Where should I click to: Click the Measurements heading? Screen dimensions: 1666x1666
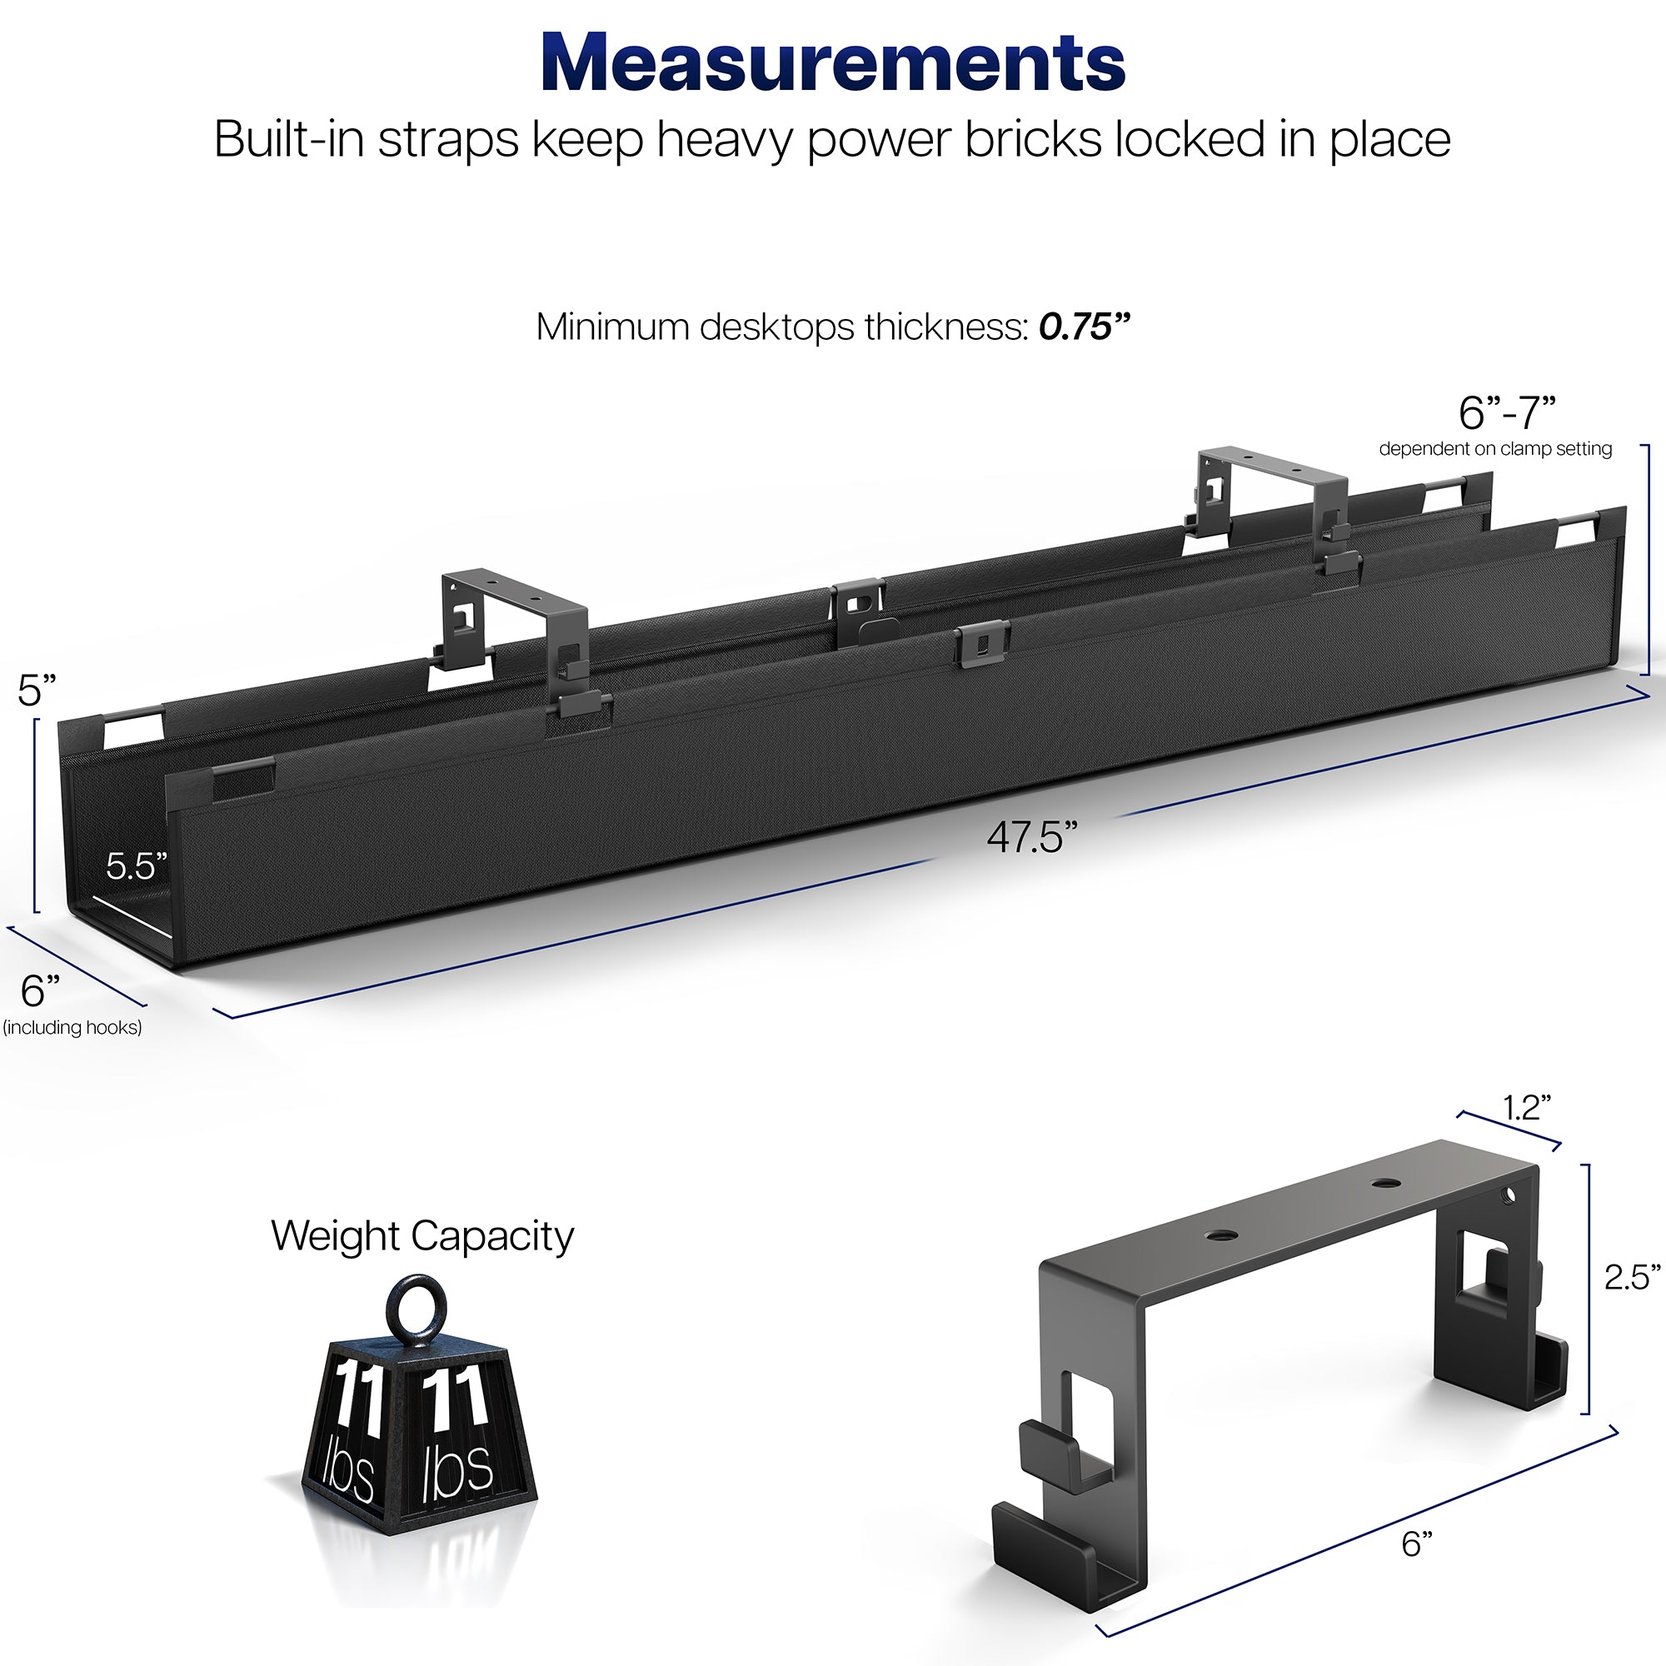pos(833,62)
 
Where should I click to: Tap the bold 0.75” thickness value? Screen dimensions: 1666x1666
pos(1084,327)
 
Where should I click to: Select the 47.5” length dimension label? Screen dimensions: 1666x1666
pos(1032,837)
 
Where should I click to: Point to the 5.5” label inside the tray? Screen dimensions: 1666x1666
pos(137,865)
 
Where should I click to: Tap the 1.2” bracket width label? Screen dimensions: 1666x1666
pos(1527,1108)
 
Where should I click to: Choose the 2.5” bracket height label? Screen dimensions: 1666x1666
pos(1633,1277)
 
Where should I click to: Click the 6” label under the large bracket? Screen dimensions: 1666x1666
pos(1418,1544)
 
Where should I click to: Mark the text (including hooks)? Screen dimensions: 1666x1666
pos(72,1027)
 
